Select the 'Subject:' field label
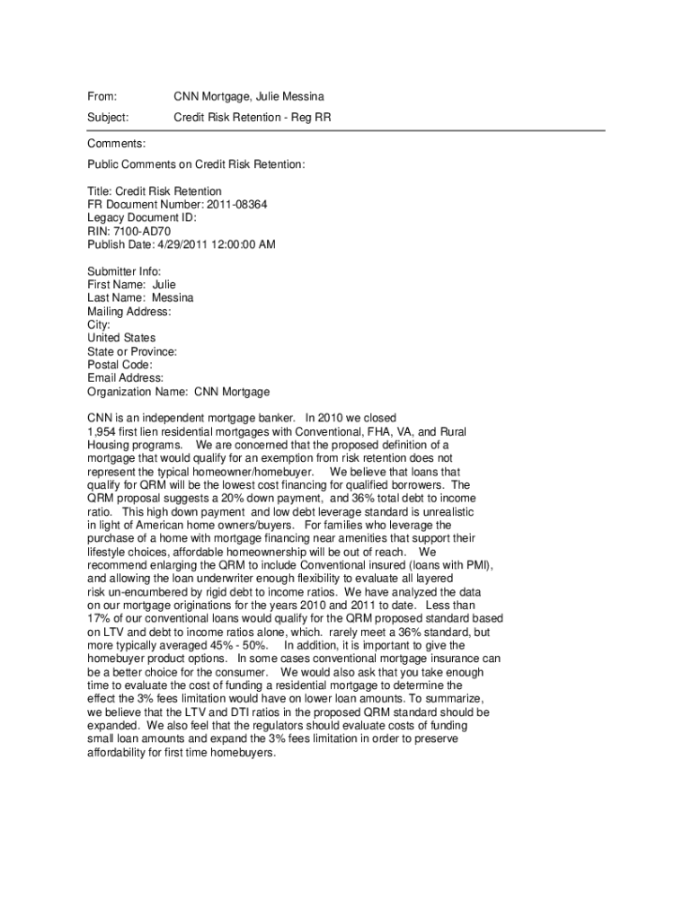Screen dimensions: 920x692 pos(108,117)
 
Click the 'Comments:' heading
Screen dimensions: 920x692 pos(116,144)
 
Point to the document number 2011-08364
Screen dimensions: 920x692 pos(236,204)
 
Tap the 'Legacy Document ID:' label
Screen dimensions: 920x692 pos(141,217)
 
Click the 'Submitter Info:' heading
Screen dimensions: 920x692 pos(124,271)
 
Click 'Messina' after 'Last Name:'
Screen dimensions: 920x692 pos(173,298)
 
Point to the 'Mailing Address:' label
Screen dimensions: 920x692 pos(129,312)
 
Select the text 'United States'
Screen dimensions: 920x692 pos(121,339)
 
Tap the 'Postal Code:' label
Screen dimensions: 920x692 pos(120,365)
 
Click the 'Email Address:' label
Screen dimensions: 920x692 pos(125,378)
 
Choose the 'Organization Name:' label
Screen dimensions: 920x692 pos(138,392)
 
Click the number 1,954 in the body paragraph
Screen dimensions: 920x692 pos(102,432)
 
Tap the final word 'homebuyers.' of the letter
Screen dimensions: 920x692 pos(244,753)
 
